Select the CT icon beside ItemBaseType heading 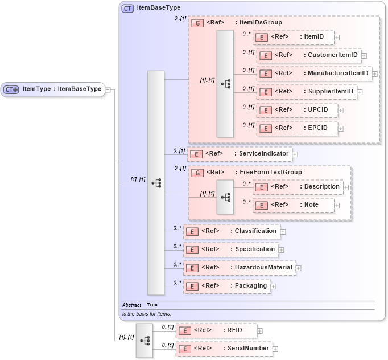127,8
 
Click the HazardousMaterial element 239,268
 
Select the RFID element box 216,330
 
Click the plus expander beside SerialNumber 274,349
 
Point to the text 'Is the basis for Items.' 146,314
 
